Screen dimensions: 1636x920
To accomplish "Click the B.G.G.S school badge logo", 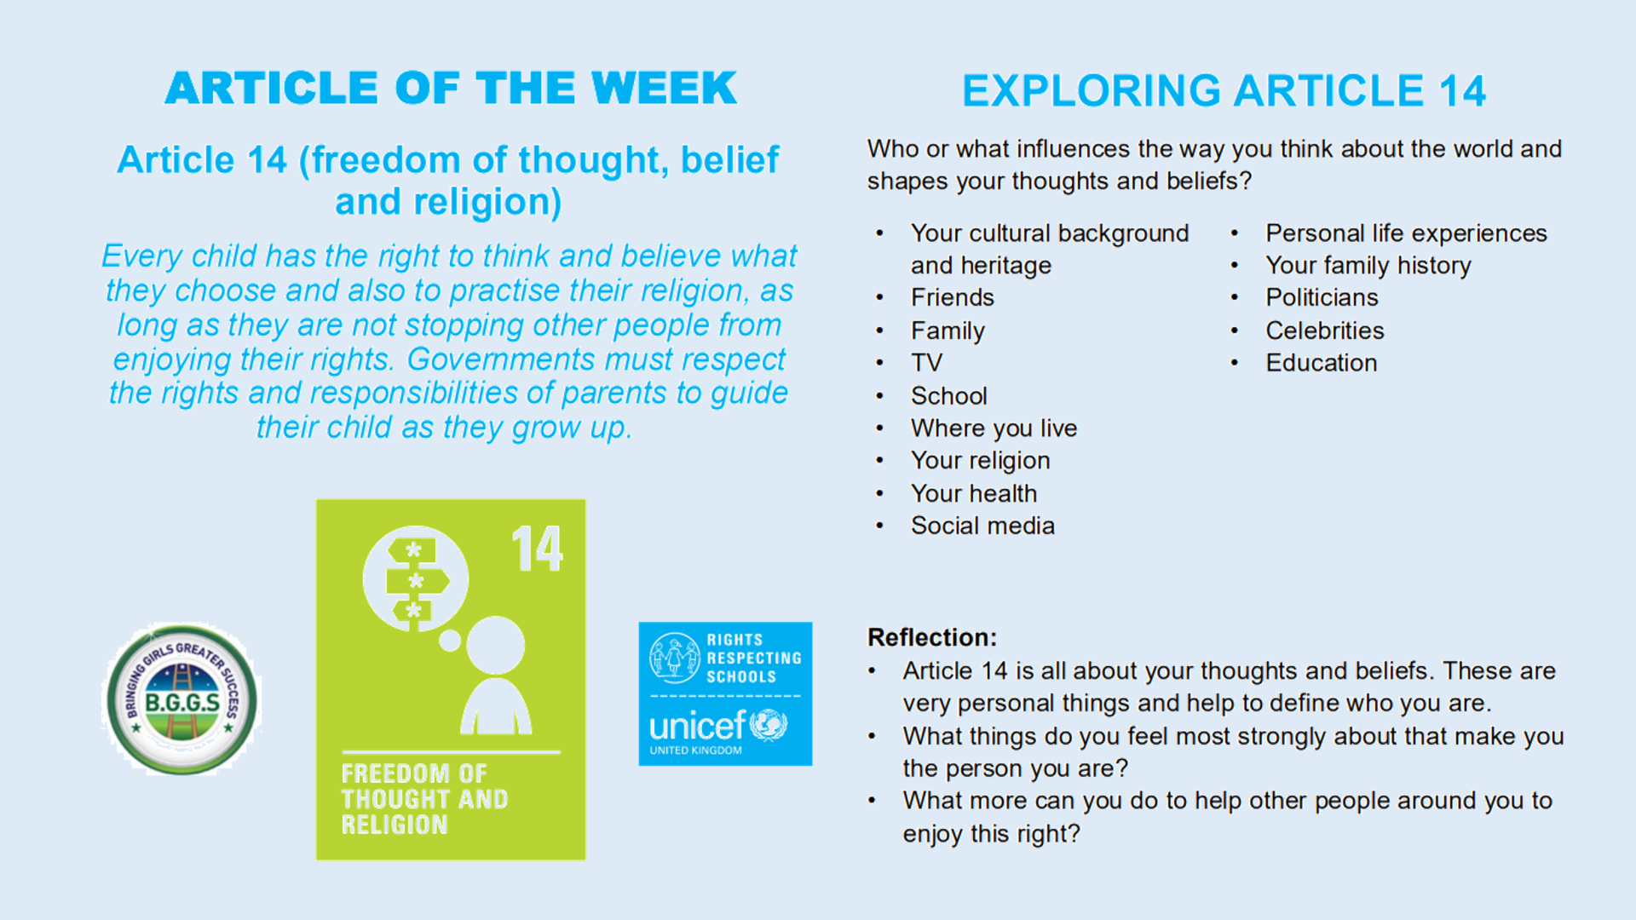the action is [x=181, y=699].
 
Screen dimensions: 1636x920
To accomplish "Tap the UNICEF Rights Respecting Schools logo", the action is [x=725, y=693].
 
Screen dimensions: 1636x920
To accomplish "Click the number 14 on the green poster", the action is [x=537, y=549].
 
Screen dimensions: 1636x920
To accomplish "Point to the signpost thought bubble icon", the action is [x=415, y=578].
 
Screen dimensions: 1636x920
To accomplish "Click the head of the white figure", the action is [x=495, y=645].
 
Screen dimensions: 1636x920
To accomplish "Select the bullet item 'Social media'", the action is [x=982, y=526].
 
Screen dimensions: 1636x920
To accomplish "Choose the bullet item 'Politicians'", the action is [x=1322, y=297].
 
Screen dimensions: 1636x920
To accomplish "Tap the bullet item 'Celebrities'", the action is [x=1325, y=331].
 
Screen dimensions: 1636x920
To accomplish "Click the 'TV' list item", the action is [x=926, y=363].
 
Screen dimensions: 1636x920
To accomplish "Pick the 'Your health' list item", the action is [x=974, y=493].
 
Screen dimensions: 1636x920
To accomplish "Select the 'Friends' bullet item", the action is [x=953, y=297].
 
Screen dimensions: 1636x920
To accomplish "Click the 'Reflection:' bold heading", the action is [x=932, y=637].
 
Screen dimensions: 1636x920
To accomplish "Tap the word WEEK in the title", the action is [x=665, y=89].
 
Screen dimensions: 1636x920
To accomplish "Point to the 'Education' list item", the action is [x=1322, y=363].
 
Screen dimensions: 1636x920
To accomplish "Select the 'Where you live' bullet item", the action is [x=994, y=428].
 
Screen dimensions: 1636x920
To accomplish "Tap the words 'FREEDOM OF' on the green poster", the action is [x=414, y=773].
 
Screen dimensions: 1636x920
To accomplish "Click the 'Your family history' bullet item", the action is [x=1368, y=266].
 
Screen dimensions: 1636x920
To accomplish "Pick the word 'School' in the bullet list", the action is [x=949, y=396].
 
